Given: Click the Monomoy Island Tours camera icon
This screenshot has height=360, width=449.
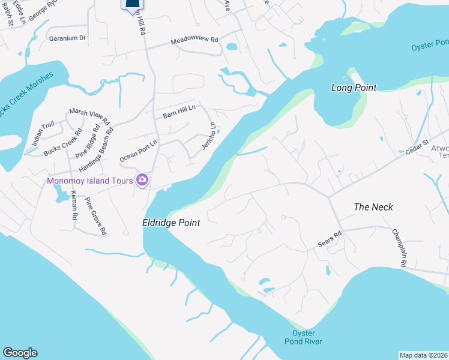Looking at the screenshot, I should pyautogui.click(x=142, y=179).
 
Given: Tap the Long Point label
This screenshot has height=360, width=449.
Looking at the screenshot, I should pyautogui.click(x=354, y=88).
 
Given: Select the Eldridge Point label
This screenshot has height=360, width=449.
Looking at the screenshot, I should pyautogui.click(x=170, y=223).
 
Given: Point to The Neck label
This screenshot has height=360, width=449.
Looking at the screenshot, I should pyautogui.click(x=373, y=207).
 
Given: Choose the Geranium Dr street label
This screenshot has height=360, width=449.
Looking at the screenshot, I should pyautogui.click(x=67, y=38).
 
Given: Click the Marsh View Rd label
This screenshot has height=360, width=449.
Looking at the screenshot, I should pyautogui.click(x=90, y=116).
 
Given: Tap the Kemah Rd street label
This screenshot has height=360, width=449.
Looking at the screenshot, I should pyautogui.click(x=74, y=205).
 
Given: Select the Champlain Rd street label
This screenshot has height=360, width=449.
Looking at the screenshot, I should pyautogui.click(x=400, y=247).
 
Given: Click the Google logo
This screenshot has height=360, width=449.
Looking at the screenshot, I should pyautogui.click(x=20, y=353).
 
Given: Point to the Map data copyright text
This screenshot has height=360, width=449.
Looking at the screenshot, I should pyautogui.click(x=423, y=355).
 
